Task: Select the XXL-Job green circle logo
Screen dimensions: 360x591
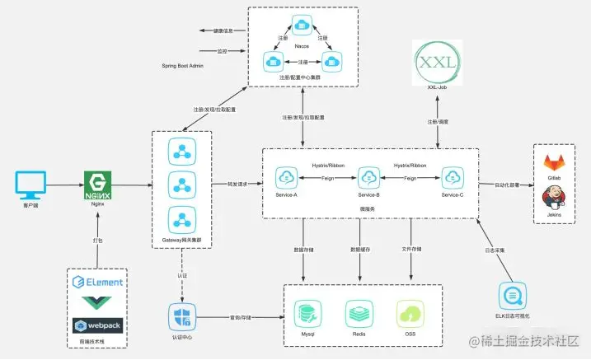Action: (x=437, y=63)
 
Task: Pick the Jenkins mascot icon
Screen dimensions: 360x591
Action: (x=554, y=198)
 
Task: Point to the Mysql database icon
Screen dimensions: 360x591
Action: (x=307, y=314)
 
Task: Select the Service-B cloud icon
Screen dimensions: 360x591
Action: (x=368, y=177)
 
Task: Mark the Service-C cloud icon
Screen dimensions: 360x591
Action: (x=451, y=177)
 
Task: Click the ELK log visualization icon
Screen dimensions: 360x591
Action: (x=510, y=296)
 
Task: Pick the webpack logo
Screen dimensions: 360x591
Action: (x=97, y=324)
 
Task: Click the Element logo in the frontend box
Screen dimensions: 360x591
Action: (x=97, y=282)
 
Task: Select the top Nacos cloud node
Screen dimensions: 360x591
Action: (x=302, y=26)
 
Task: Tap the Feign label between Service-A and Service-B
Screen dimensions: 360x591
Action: (x=328, y=178)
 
